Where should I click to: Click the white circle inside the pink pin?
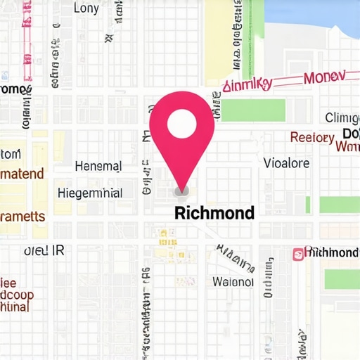pyautogui.click(x=181, y=124)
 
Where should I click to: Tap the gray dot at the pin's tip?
pyautogui.click(x=181, y=191)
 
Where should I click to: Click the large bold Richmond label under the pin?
pyautogui.click(x=214, y=212)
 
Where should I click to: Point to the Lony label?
pyautogui.click(x=86, y=8)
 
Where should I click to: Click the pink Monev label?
pyautogui.click(x=324, y=77)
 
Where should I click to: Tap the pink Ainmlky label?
pyautogui.click(x=247, y=85)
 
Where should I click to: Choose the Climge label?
pyautogui.click(x=342, y=117)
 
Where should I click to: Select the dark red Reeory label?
pyautogui.click(x=312, y=138)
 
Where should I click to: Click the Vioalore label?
pyautogui.click(x=286, y=163)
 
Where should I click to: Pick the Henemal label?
pyautogui.click(x=98, y=167)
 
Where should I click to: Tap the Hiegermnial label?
pyautogui.click(x=90, y=193)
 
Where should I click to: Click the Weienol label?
pyautogui.click(x=233, y=281)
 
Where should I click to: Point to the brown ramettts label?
pyautogui.click(x=22, y=217)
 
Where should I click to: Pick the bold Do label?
pyautogui.click(x=350, y=134)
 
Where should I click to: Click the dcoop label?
pyautogui.click(x=15, y=295)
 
